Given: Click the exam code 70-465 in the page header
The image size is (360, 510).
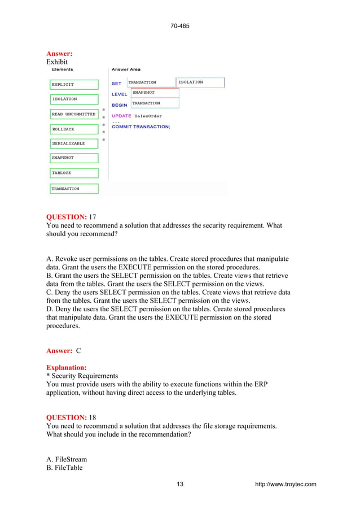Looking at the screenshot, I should point(179,26).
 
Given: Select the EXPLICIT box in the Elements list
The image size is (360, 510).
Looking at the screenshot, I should point(74,84).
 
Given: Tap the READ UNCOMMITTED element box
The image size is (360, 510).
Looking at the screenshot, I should point(74,114).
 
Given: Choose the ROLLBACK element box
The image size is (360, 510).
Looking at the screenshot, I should point(74,129).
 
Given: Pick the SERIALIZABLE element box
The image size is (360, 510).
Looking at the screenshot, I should point(74,143).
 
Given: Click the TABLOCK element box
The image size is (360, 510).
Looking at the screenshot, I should point(74,173).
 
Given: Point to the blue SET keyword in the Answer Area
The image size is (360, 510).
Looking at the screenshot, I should point(116,84).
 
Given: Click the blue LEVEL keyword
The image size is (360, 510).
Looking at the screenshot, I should point(119,94).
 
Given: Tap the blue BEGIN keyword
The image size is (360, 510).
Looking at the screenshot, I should point(119,105).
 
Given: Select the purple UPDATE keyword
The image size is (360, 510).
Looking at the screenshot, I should point(121,116).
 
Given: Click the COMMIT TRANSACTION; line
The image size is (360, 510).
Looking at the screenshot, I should point(141,127).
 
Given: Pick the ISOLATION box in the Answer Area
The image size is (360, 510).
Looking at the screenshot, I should point(200,82).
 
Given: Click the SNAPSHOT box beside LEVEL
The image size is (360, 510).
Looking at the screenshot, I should point(155,93).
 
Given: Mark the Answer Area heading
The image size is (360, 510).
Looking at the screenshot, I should point(126,69).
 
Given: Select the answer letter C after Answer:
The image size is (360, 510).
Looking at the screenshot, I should point(78,351).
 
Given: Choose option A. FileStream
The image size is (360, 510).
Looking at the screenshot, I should point(66,460).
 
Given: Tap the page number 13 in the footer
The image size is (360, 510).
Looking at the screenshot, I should point(180,484).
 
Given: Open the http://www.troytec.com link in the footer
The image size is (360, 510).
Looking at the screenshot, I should point(286,484).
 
